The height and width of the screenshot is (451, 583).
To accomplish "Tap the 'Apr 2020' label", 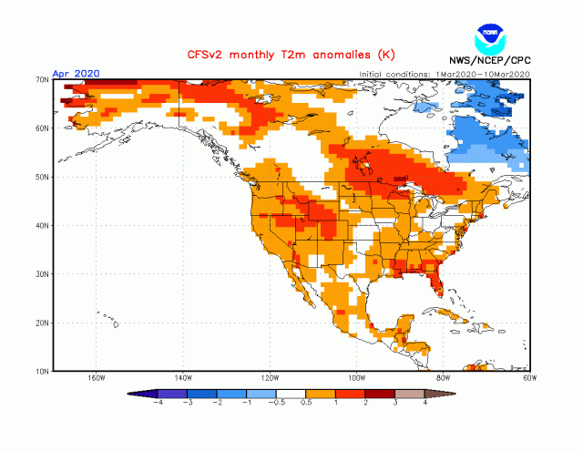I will point(76,73).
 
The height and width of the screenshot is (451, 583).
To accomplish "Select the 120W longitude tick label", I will point(271,378).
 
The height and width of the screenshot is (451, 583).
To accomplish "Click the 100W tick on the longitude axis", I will point(357,378).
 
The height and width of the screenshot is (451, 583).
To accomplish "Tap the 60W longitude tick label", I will point(529,378).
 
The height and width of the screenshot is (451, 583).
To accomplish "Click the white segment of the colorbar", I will point(291,393).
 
